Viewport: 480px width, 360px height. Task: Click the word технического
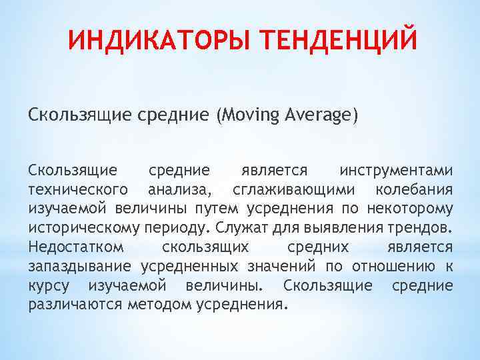[77, 189]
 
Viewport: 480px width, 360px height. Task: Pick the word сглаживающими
[289, 189]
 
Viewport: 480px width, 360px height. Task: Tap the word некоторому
[413, 208]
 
